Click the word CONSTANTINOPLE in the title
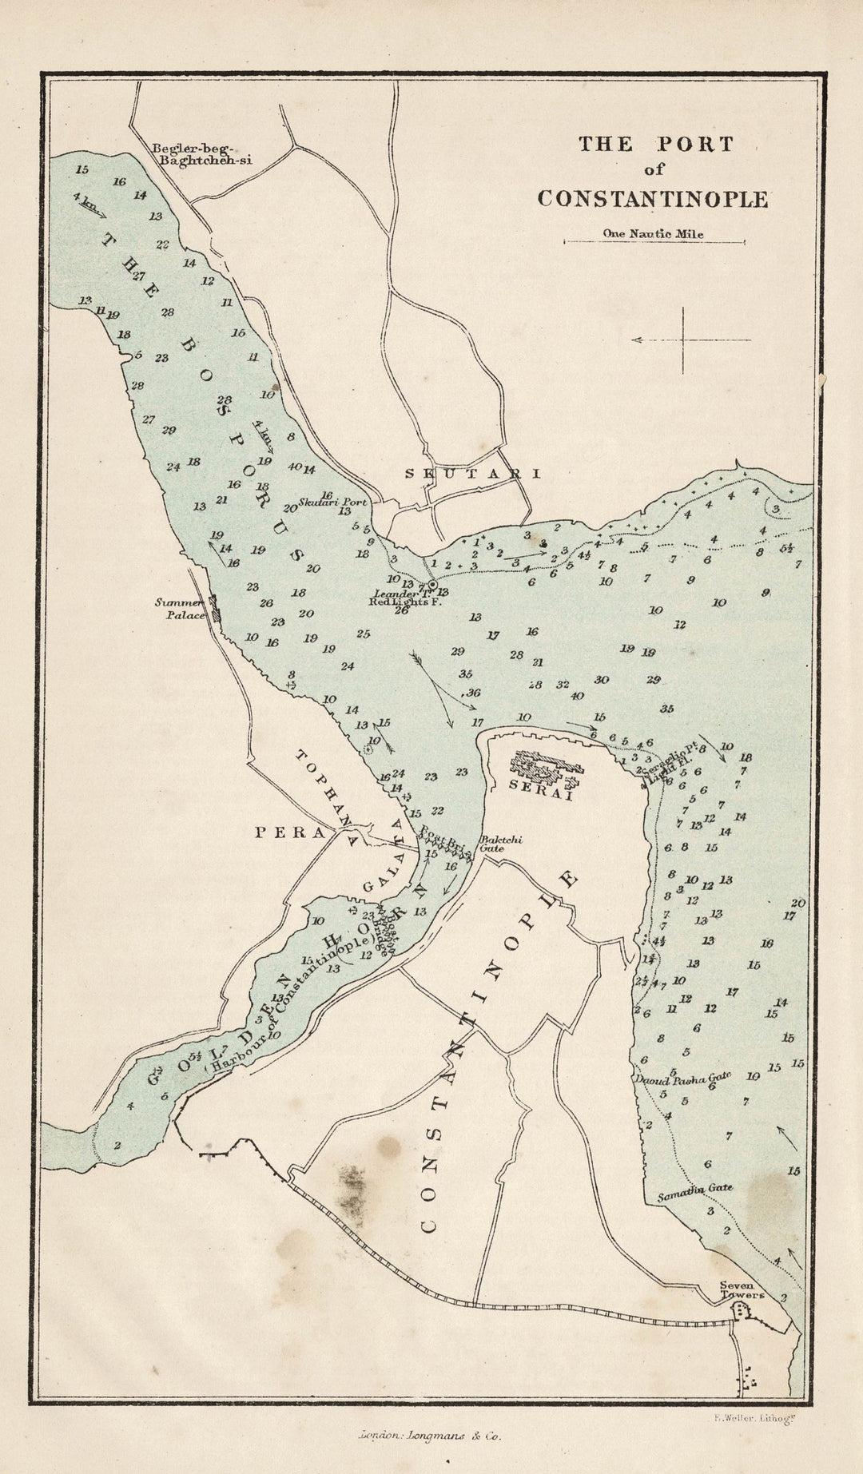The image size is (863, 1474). tap(652, 199)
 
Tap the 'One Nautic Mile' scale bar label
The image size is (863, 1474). tap(654, 234)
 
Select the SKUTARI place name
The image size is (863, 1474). tap(472, 473)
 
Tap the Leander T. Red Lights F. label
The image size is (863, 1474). tap(405, 598)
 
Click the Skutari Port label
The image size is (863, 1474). tap(333, 503)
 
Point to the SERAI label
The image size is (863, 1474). tap(541, 785)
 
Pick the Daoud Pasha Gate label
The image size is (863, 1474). tap(682, 1079)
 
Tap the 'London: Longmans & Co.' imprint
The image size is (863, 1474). tap(429, 1435)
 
